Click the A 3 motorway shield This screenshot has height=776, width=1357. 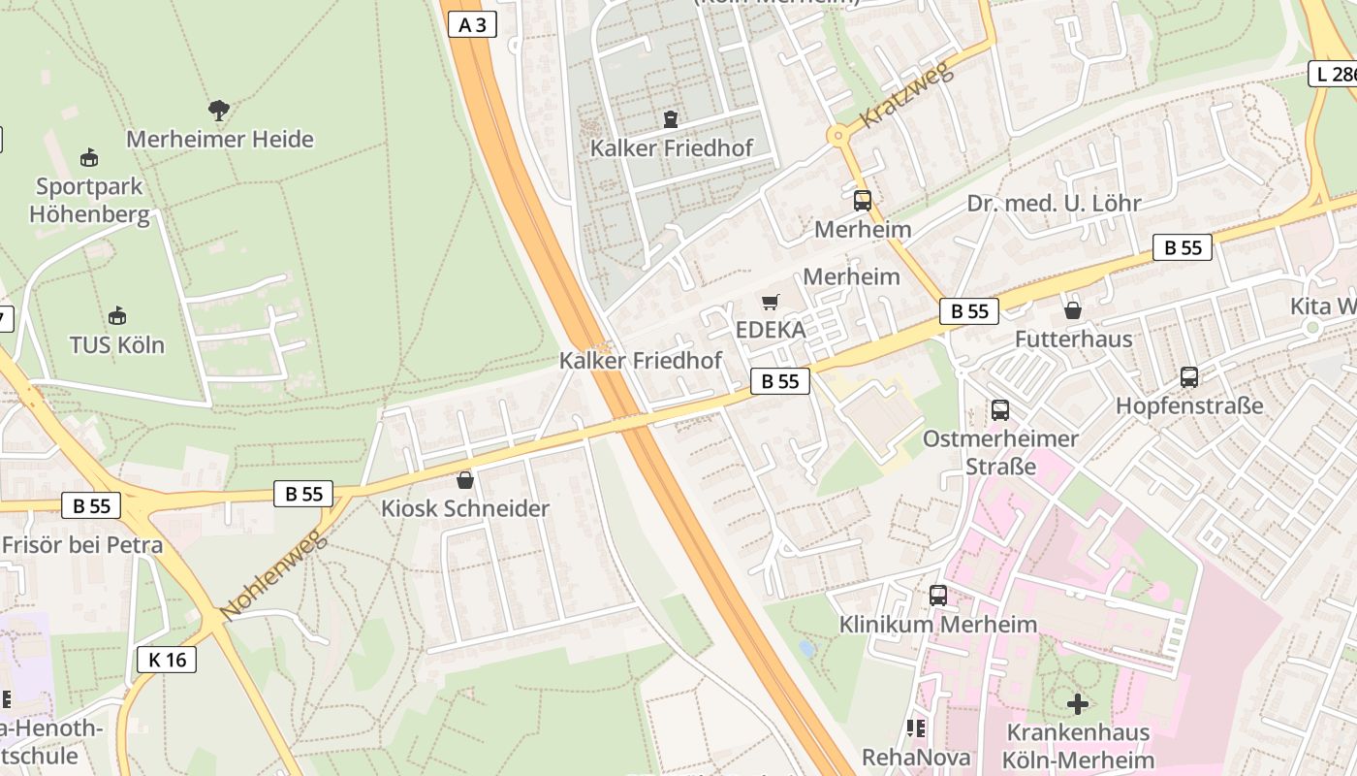pos(472,25)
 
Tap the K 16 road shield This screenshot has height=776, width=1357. pos(167,660)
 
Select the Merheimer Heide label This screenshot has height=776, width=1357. pos(220,139)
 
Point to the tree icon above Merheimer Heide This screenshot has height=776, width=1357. pos(219,111)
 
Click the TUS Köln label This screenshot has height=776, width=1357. pos(117,344)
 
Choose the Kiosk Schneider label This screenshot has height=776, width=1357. pos(465,508)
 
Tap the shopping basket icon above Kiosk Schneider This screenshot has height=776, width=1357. pos(465,480)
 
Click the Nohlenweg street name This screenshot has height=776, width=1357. pos(274,575)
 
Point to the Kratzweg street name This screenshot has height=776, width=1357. pos(907,94)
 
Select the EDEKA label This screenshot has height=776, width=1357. pos(771,330)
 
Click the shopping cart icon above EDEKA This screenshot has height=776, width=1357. pos(771,303)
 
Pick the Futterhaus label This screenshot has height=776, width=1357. pos(1073,339)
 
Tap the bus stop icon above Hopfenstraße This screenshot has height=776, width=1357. pos(1189,377)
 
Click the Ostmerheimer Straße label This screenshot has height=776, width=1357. pos(1000,452)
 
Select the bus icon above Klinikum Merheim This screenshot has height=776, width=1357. pos(937,596)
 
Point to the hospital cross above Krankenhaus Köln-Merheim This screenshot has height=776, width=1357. pos(1077,703)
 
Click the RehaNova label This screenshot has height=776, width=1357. pos(908,756)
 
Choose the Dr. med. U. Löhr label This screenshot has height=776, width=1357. pos(1054,203)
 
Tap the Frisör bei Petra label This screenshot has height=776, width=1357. pos(82,544)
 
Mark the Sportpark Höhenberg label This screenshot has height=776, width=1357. pos(89,200)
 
